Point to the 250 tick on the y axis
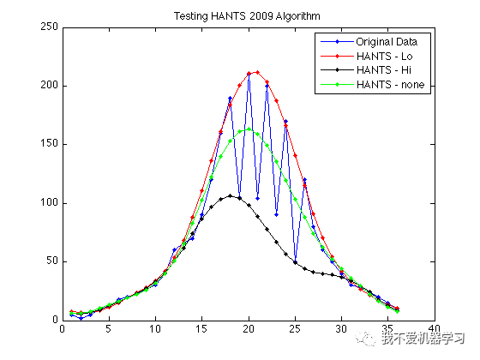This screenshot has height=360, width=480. click(x=49, y=27)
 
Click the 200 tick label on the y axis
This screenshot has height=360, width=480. click(x=49, y=86)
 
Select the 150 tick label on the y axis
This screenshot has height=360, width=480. click(x=49, y=144)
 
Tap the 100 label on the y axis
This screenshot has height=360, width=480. click(x=49, y=203)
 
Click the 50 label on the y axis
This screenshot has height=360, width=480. click(x=51, y=261)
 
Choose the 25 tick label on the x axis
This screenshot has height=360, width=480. click(x=295, y=328)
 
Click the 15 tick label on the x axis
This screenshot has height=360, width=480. click(x=201, y=328)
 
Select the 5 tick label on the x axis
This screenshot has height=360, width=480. click(x=108, y=328)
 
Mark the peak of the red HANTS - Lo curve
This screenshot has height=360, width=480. click(x=258, y=72)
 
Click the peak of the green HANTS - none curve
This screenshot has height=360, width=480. click(x=249, y=129)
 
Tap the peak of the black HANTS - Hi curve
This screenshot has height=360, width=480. click(x=230, y=196)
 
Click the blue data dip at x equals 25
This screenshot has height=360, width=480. click(x=295, y=261)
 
